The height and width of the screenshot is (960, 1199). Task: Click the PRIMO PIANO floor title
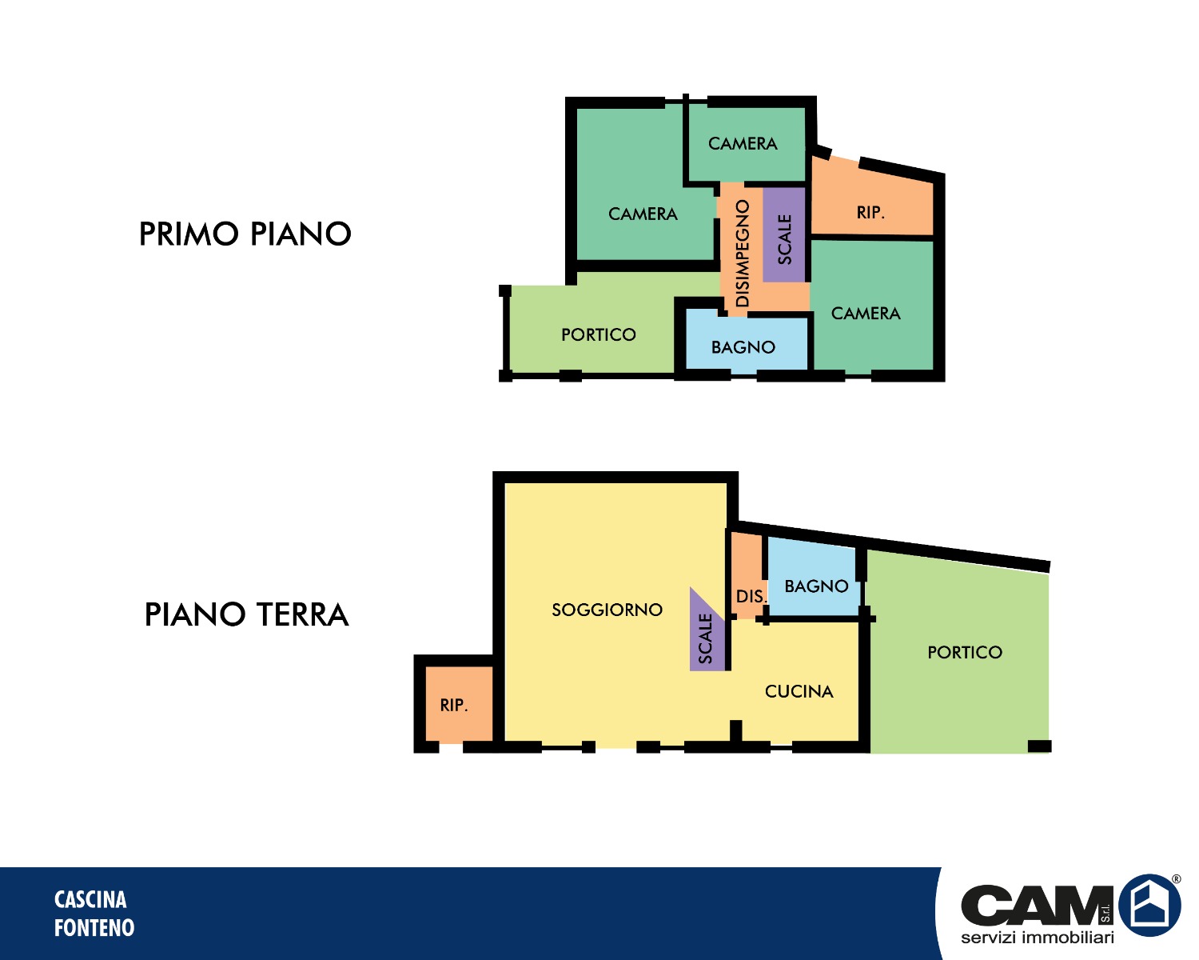click(245, 233)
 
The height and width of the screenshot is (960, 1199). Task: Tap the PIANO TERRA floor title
click(247, 614)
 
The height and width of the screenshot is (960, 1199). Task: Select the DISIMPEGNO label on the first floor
click(742, 254)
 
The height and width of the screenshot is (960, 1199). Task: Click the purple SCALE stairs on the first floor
click(784, 235)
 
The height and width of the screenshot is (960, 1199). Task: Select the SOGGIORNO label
click(607, 610)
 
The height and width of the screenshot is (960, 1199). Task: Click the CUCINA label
click(799, 692)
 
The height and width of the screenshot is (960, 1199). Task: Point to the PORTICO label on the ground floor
click(965, 652)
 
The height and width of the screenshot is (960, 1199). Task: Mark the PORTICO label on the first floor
click(599, 334)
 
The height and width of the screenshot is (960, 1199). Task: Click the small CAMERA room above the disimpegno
click(747, 144)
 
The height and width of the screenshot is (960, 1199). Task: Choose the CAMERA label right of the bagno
click(866, 314)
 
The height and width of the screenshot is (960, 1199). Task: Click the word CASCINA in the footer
click(90, 900)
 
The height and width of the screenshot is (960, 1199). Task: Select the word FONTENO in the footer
click(94, 928)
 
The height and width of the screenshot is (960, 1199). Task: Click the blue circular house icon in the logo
click(1149, 905)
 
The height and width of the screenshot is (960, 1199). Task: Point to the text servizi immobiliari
click(1037, 938)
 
